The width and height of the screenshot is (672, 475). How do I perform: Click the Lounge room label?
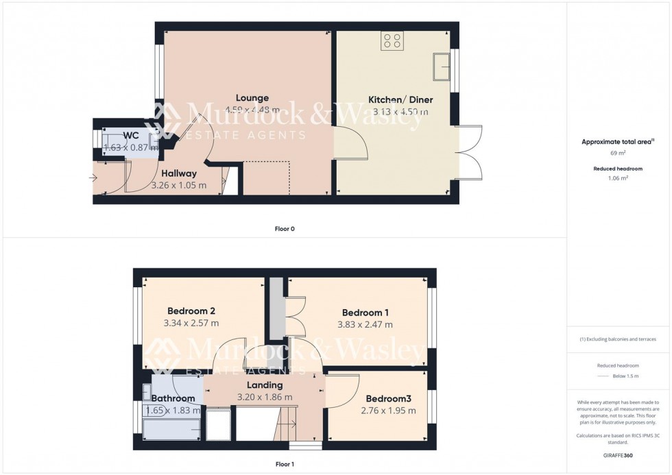(x=252, y=98)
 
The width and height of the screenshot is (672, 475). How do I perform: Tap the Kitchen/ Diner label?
(x=400, y=100)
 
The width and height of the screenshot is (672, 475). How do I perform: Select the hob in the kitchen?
(x=393, y=40)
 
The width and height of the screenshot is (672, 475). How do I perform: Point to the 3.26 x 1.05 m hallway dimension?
(x=178, y=185)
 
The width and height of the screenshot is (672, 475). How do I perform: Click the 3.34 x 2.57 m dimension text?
(x=191, y=324)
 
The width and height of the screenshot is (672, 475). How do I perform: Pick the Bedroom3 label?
(x=388, y=399)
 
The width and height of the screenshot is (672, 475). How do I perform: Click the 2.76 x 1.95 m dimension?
(x=388, y=411)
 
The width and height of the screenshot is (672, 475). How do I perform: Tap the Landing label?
(x=264, y=385)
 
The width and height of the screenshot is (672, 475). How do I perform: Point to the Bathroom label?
(x=173, y=398)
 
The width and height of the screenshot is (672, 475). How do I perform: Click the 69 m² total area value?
(x=618, y=154)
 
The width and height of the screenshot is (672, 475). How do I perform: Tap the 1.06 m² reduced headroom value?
(x=618, y=178)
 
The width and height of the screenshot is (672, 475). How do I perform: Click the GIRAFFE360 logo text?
(x=618, y=455)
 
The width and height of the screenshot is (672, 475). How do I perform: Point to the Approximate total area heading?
(x=616, y=142)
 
